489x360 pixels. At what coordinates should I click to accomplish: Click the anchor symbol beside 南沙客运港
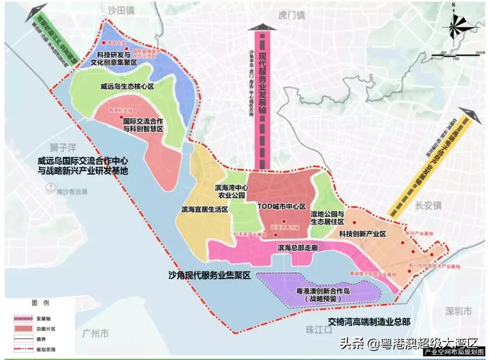[52, 187]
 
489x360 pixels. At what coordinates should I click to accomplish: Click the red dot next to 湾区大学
[105, 43]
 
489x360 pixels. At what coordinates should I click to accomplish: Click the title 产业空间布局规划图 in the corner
[454, 352]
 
